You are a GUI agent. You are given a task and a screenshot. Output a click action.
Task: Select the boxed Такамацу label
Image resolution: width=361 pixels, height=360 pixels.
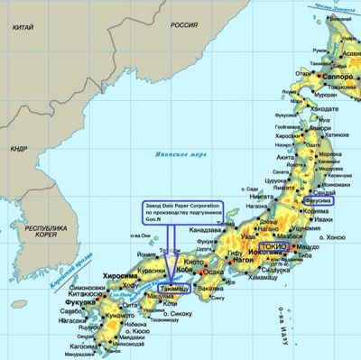(x=174, y=290)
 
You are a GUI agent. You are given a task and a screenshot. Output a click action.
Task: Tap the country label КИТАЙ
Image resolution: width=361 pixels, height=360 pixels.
(x=23, y=29)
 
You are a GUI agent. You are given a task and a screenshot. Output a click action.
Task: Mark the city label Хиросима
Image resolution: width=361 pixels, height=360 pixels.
(x=120, y=277)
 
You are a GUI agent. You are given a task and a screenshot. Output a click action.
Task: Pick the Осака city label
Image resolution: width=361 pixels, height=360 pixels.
(x=213, y=271)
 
